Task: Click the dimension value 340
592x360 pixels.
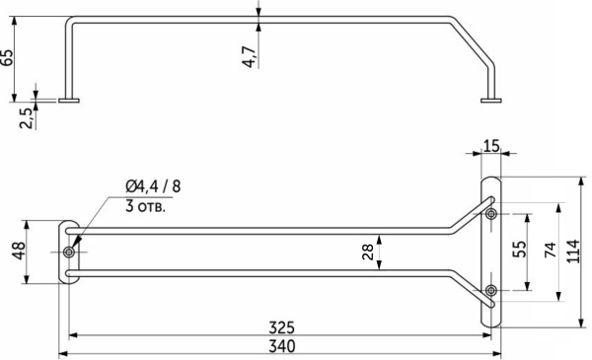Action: point(280,347)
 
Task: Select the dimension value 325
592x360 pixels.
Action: point(280,327)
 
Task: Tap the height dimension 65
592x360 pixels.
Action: point(9,55)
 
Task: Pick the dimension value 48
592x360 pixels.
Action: point(19,252)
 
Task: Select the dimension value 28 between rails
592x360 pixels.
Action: point(368,252)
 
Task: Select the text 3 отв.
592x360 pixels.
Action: point(145,207)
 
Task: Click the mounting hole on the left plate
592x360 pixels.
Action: point(68,252)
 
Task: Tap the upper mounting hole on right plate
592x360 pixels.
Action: point(490,213)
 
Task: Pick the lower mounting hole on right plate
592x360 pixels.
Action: point(490,289)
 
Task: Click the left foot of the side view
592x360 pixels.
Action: point(68,100)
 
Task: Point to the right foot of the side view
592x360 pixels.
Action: point(490,100)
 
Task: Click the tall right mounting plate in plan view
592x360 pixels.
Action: point(490,252)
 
